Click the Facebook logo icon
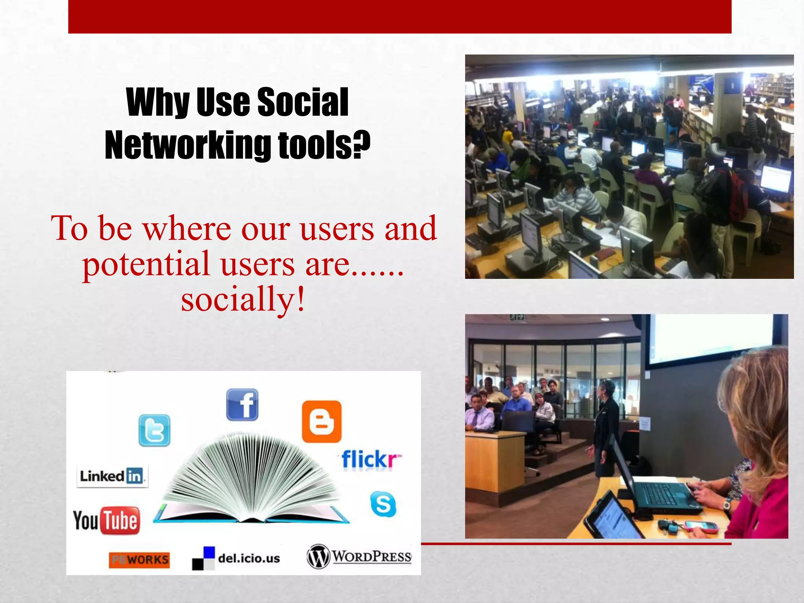click(x=242, y=404)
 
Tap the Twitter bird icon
click(x=154, y=430)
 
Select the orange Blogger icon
click(x=322, y=421)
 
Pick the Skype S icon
click(x=383, y=504)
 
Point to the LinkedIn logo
click(x=112, y=477)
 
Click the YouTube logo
click(x=106, y=521)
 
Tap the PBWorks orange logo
click(x=139, y=560)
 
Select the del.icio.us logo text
click(x=249, y=558)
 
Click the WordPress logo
click(x=359, y=556)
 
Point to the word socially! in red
click(x=243, y=299)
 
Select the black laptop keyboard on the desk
click(x=663, y=494)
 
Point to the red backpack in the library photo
click(x=737, y=196)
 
